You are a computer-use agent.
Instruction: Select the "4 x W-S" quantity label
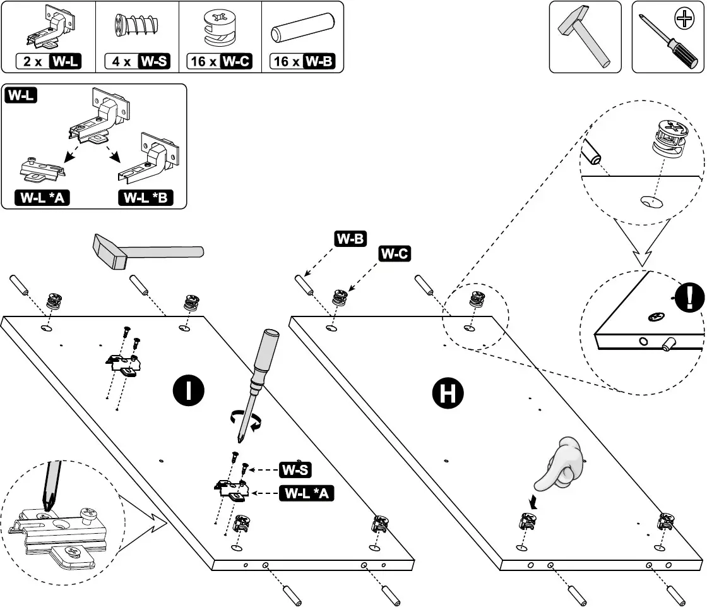coord(137,62)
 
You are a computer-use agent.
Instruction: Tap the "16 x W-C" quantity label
coord(220,62)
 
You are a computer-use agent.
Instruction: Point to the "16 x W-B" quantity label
coord(302,62)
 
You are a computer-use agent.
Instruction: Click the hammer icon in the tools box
coord(584,37)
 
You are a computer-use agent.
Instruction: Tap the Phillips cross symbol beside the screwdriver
coord(684,21)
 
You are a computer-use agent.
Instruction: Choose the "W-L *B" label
coord(146,198)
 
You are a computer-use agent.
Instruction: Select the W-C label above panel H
coord(395,254)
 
